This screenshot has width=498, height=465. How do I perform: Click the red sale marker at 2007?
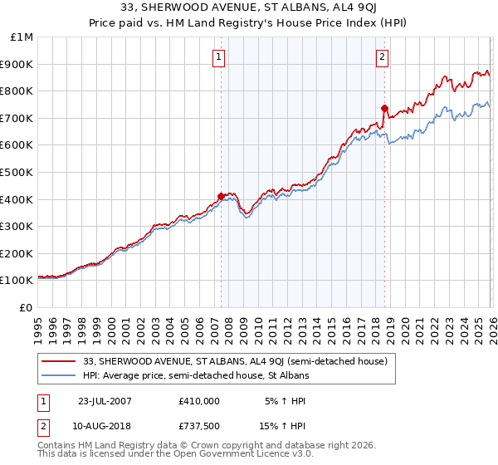coord(221,196)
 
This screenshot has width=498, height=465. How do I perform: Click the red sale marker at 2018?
coord(384,108)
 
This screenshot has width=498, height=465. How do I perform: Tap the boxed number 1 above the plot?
coord(218,57)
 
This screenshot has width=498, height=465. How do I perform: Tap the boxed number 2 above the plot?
coord(382,57)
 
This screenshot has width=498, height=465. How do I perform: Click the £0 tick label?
coord(27,307)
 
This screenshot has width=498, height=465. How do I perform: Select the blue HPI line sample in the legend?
coord(61,375)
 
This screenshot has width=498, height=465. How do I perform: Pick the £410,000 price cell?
coord(199,400)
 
